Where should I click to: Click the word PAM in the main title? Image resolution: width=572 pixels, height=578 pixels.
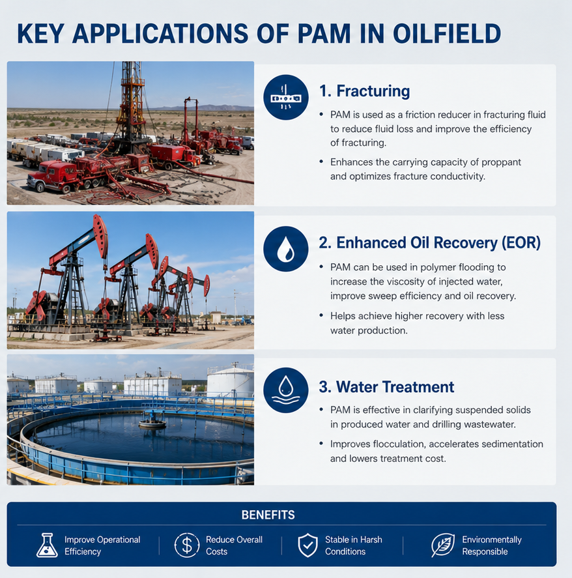click(x=324, y=34)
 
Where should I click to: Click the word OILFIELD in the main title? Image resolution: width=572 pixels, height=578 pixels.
click(x=447, y=34)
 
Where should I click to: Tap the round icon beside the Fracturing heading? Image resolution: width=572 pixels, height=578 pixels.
click(x=285, y=97)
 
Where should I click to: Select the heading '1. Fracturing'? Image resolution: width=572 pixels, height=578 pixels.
click(x=364, y=91)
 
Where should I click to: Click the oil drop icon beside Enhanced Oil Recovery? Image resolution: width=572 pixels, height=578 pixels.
click(x=285, y=249)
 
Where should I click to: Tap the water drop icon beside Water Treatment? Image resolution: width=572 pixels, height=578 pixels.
click(x=285, y=390)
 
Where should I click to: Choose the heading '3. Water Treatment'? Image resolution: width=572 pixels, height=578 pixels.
click(x=386, y=387)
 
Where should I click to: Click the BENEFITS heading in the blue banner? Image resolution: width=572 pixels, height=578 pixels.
click(x=268, y=515)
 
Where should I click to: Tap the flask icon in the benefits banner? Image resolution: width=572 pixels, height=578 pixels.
click(x=47, y=545)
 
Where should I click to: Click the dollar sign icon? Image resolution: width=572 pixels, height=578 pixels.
click(x=187, y=545)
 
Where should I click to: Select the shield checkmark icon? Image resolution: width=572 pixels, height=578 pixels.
click(x=307, y=545)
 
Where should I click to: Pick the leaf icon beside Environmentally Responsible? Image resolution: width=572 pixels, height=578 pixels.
click(x=442, y=545)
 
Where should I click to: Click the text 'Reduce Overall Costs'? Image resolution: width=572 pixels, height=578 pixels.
click(x=234, y=545)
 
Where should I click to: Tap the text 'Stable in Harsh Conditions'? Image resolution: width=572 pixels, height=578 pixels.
click(x=354, y=545)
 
